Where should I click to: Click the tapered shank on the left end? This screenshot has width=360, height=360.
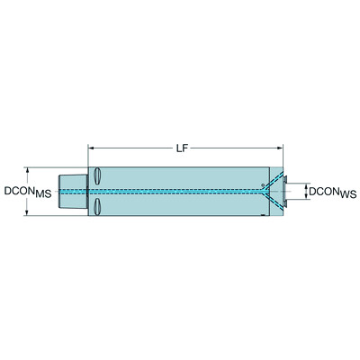72,191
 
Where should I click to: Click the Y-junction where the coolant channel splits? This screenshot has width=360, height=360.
262,191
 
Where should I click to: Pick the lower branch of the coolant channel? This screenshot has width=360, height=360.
272,201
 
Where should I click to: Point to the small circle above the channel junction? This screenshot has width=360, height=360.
262,184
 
